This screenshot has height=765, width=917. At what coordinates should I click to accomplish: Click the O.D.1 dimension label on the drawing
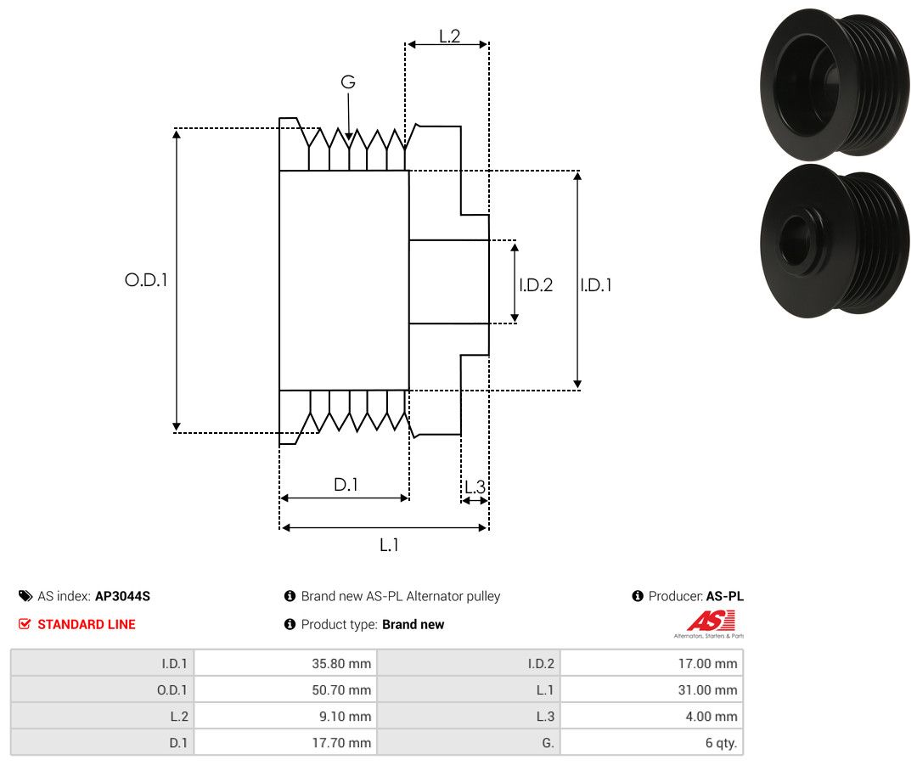(x=146, y=280)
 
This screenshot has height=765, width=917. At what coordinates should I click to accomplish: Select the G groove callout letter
(x=348, y=82)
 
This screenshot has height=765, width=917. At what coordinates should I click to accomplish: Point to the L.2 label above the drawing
(x=450, y=37)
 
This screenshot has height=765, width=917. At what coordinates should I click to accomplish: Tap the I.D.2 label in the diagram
(x=536, y=284)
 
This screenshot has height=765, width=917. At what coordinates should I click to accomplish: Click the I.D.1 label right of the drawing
(x=596, y=284)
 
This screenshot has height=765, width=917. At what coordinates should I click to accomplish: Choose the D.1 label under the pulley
(x=346, y=484)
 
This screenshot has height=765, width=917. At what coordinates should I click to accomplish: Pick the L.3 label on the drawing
(x=475, y=487)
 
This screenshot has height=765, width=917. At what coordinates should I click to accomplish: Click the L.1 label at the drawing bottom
(x=389, y=545)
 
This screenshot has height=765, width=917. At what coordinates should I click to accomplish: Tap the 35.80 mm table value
(x=341, y=664)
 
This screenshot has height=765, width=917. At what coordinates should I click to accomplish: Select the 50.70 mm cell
(x=341, y=690)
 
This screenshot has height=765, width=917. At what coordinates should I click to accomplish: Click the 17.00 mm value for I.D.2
(x=707, y=664)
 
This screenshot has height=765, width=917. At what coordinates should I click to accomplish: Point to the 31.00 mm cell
(x=707, y=690)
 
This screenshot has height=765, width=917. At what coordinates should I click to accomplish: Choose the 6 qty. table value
(x=721, y=743)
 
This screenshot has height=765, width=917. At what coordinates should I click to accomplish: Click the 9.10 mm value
(x=345, y=717)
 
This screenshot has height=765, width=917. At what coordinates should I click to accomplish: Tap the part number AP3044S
(x=122, y=596)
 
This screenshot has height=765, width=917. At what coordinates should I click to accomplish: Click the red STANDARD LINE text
(x=87, y=625)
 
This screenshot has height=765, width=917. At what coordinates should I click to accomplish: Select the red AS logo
(x=710, y=621)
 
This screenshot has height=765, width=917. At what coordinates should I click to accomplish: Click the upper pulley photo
(x=835, y=85)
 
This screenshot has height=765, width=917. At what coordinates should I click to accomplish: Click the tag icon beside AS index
(x=25, y=596)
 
